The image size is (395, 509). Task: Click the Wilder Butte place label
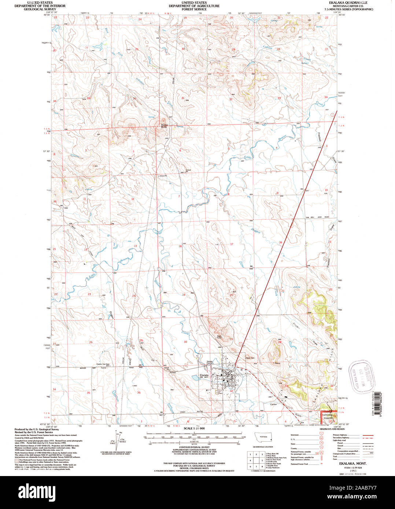164,126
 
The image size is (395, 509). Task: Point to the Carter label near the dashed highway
273,404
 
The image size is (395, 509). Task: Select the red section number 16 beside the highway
280,242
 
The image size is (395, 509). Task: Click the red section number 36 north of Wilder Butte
134,99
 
